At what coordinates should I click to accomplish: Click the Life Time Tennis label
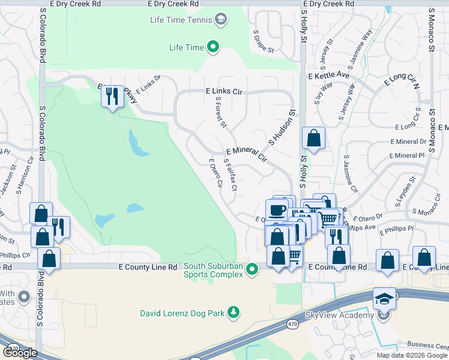pyautogui.click(x=181, y=20)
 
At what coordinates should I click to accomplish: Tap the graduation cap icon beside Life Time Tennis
pyautogui.click(x=221, y=21)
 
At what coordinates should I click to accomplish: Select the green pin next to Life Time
pyautogui.click(x=213, y=46)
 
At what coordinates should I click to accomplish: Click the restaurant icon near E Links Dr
pyautogui.click(x=112, y=96)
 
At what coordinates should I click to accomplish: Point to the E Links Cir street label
pyautogui.click(x=224, y=92)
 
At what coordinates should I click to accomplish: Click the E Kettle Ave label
pyautogui.click(x=328, y=76)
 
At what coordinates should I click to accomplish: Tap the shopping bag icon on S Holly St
pyautogui.click(x=313, y=139)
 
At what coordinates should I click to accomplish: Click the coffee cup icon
pyautogui.click(x=277, y=210)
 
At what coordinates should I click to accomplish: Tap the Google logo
pyautogui.click(x=20, y=352)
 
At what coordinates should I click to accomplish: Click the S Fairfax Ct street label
pyautogui.click(x=231, y=175)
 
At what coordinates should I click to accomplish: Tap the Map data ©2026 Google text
pyautogui.click(x=411, y=355)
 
